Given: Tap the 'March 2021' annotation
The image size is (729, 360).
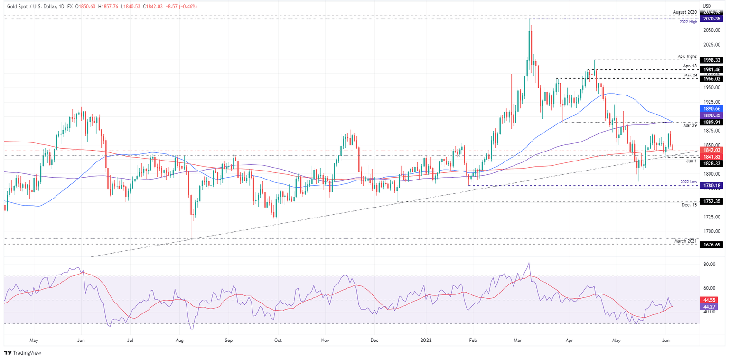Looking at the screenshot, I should (685, 241).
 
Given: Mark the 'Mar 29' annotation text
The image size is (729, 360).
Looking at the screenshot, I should (690, 126).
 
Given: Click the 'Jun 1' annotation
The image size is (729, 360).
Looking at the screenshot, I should (691, 161).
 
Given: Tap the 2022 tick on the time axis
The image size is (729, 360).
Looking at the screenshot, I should (422, 340).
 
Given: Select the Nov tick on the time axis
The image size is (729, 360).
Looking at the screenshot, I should (325, 340).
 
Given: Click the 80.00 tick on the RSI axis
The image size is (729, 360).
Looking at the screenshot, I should (709, 264).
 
